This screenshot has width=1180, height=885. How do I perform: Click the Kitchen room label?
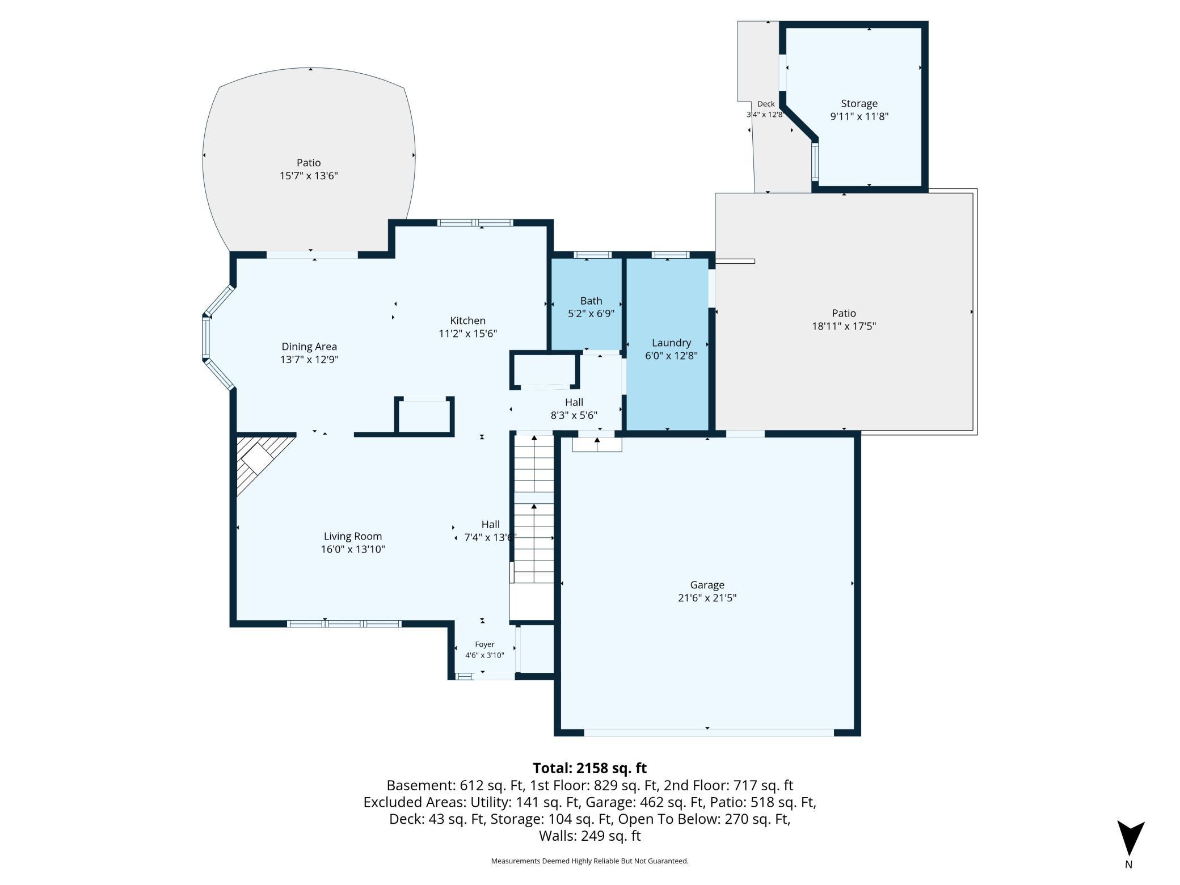467,321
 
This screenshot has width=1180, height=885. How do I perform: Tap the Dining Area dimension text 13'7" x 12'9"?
309,359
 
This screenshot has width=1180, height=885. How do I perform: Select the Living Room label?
353,536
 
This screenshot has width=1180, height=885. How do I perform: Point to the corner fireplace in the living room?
262,462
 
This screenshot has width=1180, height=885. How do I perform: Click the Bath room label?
591,301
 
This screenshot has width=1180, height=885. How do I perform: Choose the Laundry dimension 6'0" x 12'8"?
671,356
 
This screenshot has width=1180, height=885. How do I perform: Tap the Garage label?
707,585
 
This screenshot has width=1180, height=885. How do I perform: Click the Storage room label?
859,103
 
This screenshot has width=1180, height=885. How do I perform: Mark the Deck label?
766,104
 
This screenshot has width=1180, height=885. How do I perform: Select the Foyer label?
484,644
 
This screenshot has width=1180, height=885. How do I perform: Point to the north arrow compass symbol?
1130,838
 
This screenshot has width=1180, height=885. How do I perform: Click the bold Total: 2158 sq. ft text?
589,768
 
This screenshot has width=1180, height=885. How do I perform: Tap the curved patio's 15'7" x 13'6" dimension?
309,175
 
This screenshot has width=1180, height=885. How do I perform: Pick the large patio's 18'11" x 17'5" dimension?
844,326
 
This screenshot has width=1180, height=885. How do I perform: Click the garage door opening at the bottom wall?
709,733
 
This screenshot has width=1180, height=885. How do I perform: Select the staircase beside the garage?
533,508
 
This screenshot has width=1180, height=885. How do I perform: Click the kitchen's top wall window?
475,223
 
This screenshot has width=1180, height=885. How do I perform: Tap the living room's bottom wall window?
344,624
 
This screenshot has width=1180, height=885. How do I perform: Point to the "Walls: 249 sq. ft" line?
589,836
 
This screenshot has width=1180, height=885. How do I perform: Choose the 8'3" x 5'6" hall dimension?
574,415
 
